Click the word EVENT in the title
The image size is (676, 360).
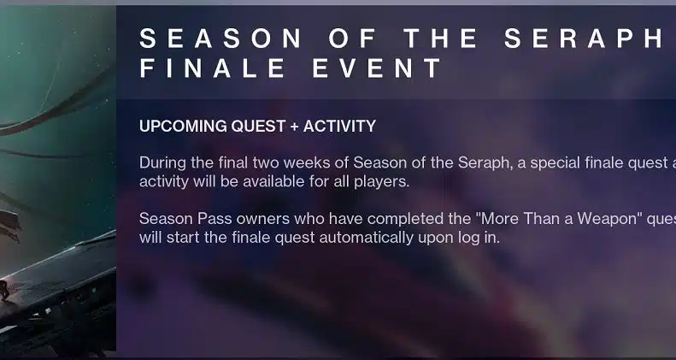[x=377, y=68]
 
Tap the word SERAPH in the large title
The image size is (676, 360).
[x=584, y=38]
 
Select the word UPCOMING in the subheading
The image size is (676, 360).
[x=183, y=127]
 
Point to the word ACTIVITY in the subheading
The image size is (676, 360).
[x=340, y=127]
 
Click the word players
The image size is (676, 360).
[x=381, y=182]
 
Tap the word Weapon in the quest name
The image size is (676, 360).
[x=608, y=219]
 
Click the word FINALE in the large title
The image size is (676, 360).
[x=212, y=68]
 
